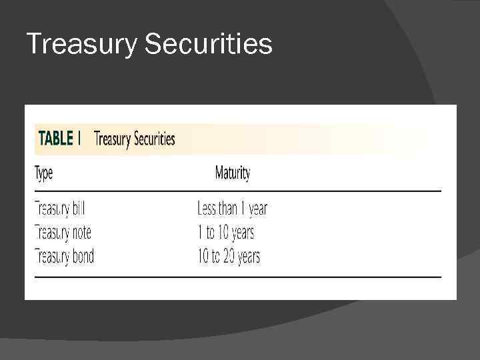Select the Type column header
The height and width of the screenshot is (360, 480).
[x=43, y=174]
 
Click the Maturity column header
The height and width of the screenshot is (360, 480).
[x=232, y=174]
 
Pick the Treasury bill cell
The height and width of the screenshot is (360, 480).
[x=60, y=209]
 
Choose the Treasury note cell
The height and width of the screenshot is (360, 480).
[x=63, y=233]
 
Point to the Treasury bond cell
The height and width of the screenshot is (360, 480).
[x=64, y=256]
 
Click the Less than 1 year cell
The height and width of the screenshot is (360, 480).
[x=232, y=209]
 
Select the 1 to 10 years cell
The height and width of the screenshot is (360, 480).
[x=226, y=233]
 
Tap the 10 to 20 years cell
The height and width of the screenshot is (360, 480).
[x=229, y=256]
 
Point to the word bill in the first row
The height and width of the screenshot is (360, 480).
[x=79, y=209]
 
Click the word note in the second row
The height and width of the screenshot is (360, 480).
[x=81, y=233]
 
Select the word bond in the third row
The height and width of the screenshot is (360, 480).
[x=83, y=256]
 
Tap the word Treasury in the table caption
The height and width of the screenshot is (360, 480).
[x=113, y=139]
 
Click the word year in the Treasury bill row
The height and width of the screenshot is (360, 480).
[x=256, y=209]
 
